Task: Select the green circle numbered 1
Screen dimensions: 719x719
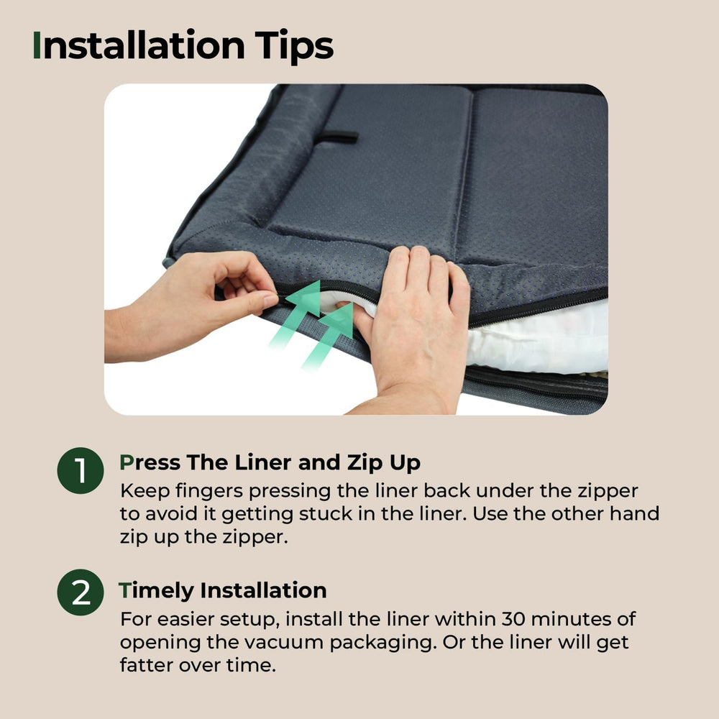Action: point(81,470)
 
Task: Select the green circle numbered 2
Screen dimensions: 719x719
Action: point(81,592)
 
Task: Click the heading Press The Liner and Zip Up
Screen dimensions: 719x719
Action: point(270,462)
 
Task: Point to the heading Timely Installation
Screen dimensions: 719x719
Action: point(222,590)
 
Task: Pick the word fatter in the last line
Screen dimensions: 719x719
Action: point(147,665)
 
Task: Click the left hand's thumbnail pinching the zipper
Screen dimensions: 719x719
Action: point(270,300)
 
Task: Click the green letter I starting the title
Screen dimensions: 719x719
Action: point(37,45)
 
